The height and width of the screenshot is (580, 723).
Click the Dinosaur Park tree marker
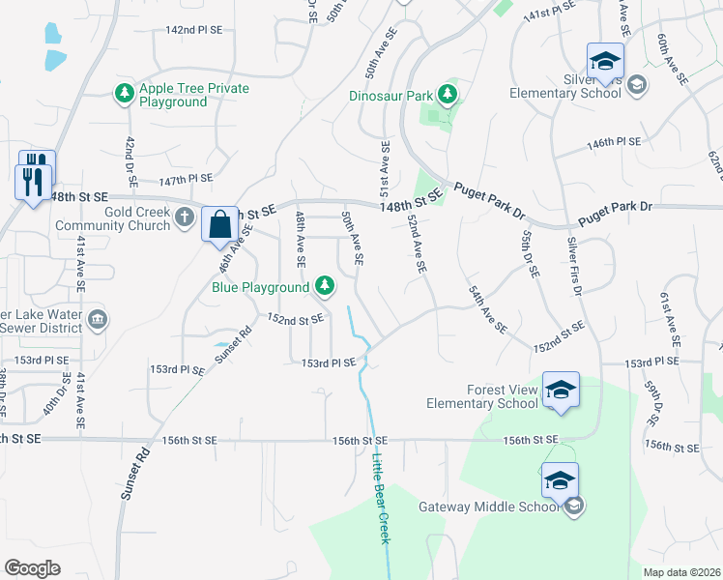pyautogui.click(x=447, y=94)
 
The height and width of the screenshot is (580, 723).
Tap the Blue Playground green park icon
pyautogui.click(x=326, y=285)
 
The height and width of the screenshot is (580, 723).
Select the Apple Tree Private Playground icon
pyautogui.click(x=124, y=93)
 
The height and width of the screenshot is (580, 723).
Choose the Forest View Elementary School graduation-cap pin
pyautogui.click(x=561, y=391)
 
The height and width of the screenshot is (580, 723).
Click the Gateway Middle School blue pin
pyautogui.click(x=561, y=480)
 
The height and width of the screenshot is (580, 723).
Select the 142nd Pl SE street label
pyautogui.click(x=193, y=30)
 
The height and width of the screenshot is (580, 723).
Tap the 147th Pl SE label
pyautogui.click(x=186, y=179)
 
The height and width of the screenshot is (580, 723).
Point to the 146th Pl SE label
pyautogui.click(x=615, y=142)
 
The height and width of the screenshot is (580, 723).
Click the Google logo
pyautogui.click(x=32, y=568)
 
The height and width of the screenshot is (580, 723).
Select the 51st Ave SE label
pyautogui.click(x=385, y=166)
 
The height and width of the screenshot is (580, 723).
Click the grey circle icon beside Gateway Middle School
pyautogui.click(x=573, y=507)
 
